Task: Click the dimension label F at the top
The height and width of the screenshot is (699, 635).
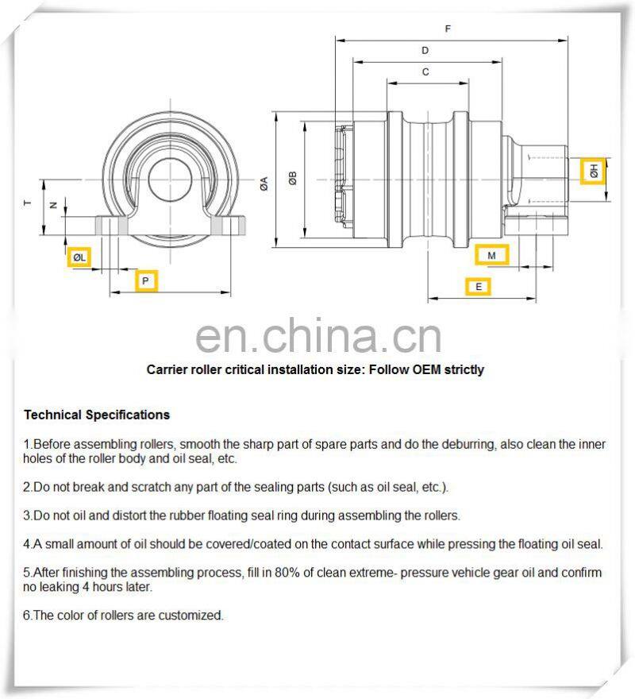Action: coord(448,29)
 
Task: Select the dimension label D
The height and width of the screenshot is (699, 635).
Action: coord(425,51)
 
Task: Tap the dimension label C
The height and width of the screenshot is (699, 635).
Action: coord(425,72)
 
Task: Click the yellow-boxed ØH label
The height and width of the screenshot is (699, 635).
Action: coord(593,171)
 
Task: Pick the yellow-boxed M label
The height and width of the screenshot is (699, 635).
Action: coord(492,255)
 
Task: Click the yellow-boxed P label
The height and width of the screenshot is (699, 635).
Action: coord(144,280)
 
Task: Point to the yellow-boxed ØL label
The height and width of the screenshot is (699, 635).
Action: coord(79,257)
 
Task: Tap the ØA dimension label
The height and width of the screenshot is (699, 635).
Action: coord(264,182)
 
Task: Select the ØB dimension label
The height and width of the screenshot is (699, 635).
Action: coord(293,179)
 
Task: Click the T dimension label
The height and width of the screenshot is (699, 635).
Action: coord(27,204)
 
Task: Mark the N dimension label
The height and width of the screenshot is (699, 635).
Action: coord(53,205)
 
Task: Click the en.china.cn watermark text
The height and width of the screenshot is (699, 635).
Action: coord(317,338)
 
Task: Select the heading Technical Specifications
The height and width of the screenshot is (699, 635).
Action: coord(96,415)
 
